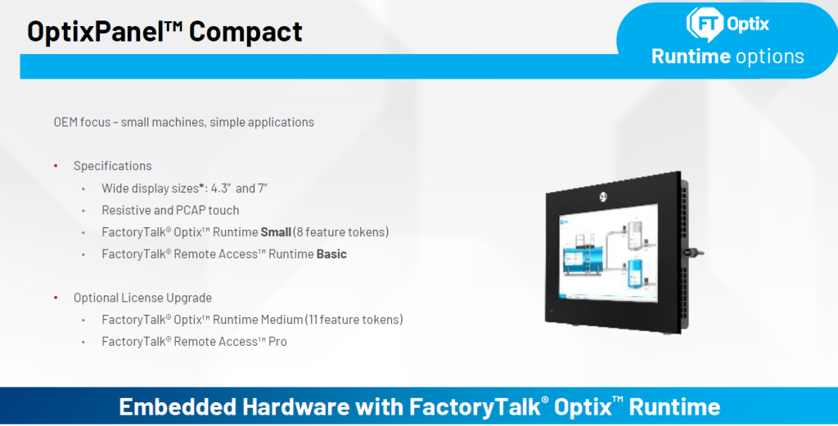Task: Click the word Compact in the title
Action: pos(246,31)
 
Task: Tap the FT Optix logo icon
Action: pos(705,24)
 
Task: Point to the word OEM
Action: pos(65,123)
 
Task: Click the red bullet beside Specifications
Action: pos(56,166)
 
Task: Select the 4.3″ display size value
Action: pos(220,188)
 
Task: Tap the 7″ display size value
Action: pos(263,188)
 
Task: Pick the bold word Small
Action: pos(276,232)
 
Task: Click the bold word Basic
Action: pos(331,254)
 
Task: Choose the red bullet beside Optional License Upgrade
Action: pos(56,298)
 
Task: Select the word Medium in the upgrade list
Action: pos(282,320)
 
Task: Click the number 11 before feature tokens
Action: pos(313,320)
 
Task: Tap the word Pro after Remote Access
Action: pos(277,342)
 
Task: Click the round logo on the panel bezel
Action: pos(603,197)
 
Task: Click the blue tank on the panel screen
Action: pos(635,273)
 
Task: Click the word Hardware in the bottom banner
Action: pos(296,406)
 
